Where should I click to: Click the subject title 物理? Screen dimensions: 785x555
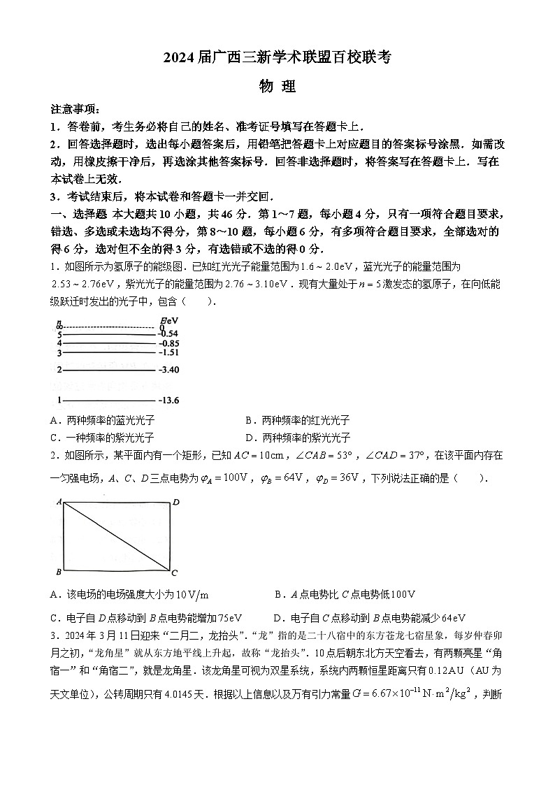click(277, 87)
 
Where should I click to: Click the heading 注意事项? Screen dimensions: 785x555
click(75, 110)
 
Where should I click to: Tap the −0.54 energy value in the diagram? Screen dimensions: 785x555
click(168, 334)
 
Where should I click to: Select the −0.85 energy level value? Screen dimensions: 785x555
click(168, 344)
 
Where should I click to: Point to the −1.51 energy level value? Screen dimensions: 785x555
click(168, 354)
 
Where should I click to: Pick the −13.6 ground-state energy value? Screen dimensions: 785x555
click(169, 401)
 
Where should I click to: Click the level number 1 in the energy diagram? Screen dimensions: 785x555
click(60, 401)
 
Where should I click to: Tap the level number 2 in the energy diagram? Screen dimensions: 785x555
click(60, 369)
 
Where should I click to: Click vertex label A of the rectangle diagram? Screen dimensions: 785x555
click(59, 501)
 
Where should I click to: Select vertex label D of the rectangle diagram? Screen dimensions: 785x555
click(176, 502)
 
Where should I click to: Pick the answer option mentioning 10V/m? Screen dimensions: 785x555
click(129, 594)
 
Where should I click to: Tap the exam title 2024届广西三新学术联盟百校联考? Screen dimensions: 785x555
click(277, 59)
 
